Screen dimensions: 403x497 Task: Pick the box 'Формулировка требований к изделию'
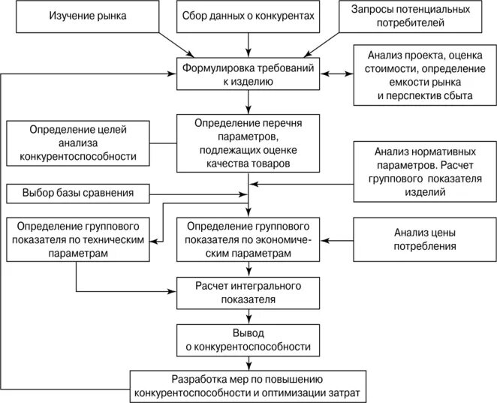tap(248, 77)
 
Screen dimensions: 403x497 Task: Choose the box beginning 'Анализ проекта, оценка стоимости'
tap(420, 76)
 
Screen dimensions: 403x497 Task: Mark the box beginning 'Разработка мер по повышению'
tap(248, 386)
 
